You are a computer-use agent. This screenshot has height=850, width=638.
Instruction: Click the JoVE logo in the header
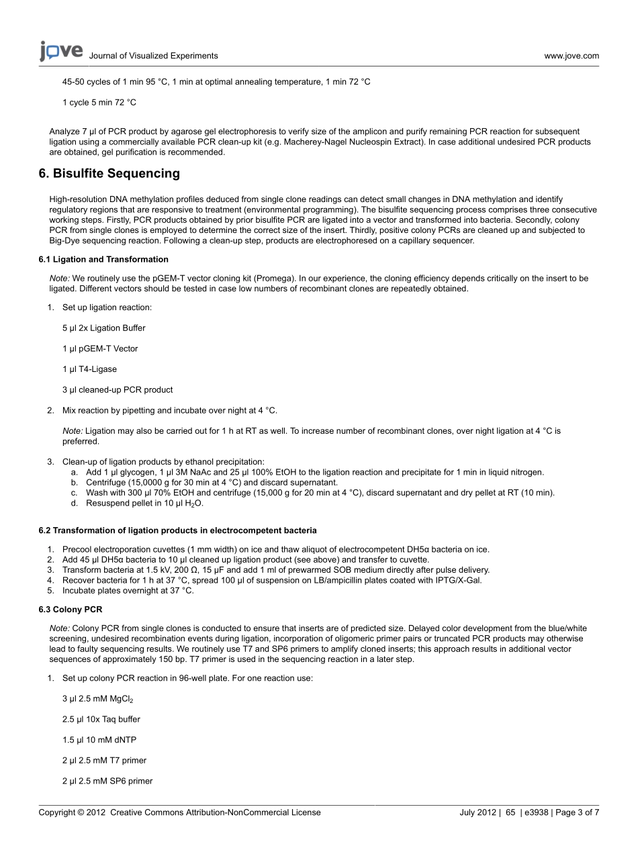tap(61, 51)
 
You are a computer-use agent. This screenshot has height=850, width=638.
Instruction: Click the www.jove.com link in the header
tap(571, 56)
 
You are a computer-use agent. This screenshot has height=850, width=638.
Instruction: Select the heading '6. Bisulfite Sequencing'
tap(109, 173)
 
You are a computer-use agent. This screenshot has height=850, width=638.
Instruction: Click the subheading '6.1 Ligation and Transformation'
tap(103, 259)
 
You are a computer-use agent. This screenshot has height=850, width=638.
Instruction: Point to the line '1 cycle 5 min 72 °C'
tap(99, 102)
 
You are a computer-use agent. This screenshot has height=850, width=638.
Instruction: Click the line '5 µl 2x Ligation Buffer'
tap(103, 328)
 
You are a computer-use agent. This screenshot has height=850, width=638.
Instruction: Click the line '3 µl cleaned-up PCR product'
tap(118, 389)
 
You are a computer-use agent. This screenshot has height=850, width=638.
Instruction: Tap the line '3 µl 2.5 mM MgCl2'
tap(97, 699)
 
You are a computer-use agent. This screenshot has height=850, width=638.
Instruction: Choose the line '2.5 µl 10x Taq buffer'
tap(101, 719)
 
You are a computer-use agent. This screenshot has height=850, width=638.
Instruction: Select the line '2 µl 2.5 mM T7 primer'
tap(104, 761)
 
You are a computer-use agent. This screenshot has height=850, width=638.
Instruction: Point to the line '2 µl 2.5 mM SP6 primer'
tap(107, 781)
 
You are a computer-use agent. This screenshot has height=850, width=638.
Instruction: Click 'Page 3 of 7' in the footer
tap(578, 812)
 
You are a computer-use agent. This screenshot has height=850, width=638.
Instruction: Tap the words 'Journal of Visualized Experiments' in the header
tap(153, 56)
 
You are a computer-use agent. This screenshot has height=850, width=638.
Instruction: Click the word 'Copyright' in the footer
tap(57, 812)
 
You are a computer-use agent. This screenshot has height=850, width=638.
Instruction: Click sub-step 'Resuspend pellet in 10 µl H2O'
tap(144, 503)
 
